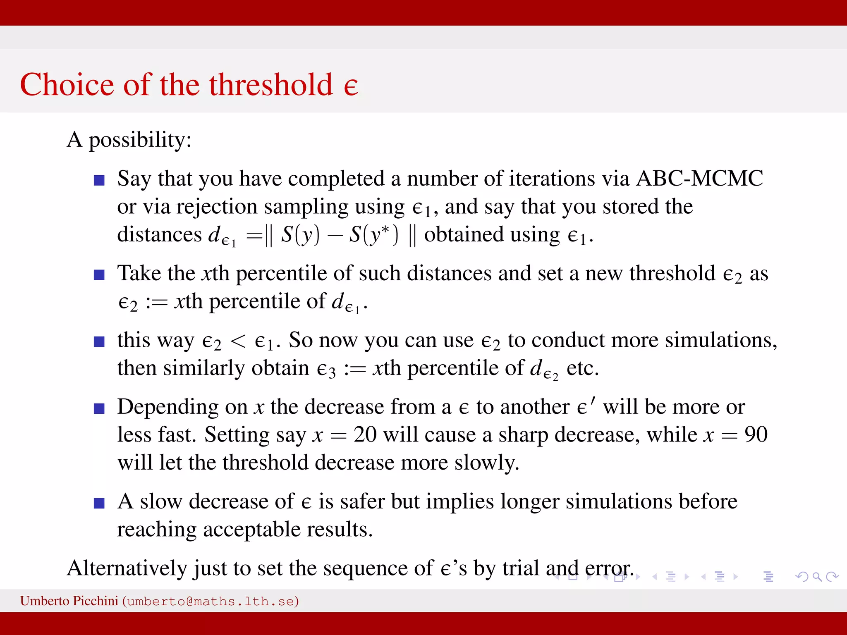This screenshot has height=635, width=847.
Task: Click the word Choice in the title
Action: click(x=67, y=85)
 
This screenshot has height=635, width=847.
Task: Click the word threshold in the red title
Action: click(x=271, y=85)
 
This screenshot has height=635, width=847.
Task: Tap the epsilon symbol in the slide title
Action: click(x=351, y=87)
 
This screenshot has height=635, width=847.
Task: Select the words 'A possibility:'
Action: click(x=129, y=140)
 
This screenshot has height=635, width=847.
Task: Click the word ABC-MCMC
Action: click(x=699, y=179)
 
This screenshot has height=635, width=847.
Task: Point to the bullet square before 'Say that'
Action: click(x=99, y=180)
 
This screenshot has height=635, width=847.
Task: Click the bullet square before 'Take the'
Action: click(x=99, y=275)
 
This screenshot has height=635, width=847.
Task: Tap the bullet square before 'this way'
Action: click(x=99, y=341)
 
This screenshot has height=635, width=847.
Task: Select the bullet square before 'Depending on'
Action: click(x=99, y=408)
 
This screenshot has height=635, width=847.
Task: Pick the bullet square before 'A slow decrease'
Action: click(x=99, y=503)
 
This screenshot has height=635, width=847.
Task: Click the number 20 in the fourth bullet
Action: click(x=365, y=434)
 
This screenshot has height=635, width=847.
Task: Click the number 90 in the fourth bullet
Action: click(x=756, y=434)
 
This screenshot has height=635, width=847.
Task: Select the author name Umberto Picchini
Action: click(x=69, y=601)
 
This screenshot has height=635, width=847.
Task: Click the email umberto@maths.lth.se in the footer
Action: click(x=211, y=601)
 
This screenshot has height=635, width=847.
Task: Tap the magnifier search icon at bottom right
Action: click(x=817, y=576)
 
